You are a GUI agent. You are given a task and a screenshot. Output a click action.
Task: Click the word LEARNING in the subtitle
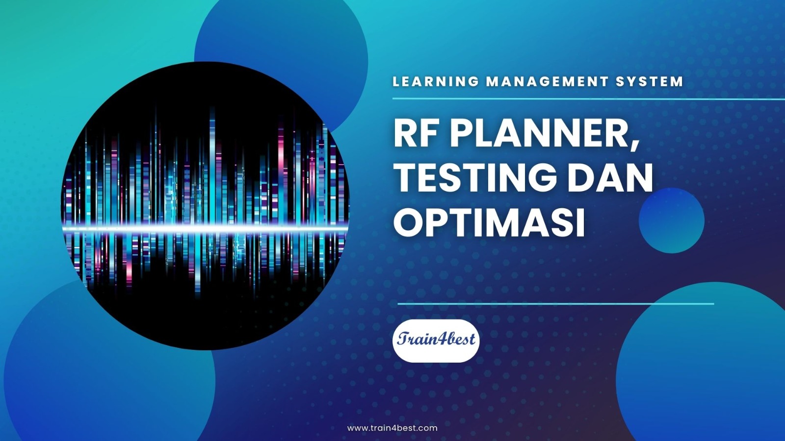(436, 81)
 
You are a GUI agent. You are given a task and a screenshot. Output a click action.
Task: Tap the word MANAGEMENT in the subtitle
(547, 81)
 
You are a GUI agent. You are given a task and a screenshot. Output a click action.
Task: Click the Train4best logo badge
(436, 341)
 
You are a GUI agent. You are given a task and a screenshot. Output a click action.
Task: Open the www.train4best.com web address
(392, 428)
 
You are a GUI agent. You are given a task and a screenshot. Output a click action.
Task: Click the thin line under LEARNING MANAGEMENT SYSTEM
(589, 99)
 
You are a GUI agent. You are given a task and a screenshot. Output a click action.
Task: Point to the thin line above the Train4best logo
(556, 304)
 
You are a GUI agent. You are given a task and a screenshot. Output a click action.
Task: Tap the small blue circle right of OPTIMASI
(672, 220)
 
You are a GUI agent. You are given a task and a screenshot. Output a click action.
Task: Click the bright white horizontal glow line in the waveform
(206, 228)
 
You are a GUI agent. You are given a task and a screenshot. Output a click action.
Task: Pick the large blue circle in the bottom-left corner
(108, 364)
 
